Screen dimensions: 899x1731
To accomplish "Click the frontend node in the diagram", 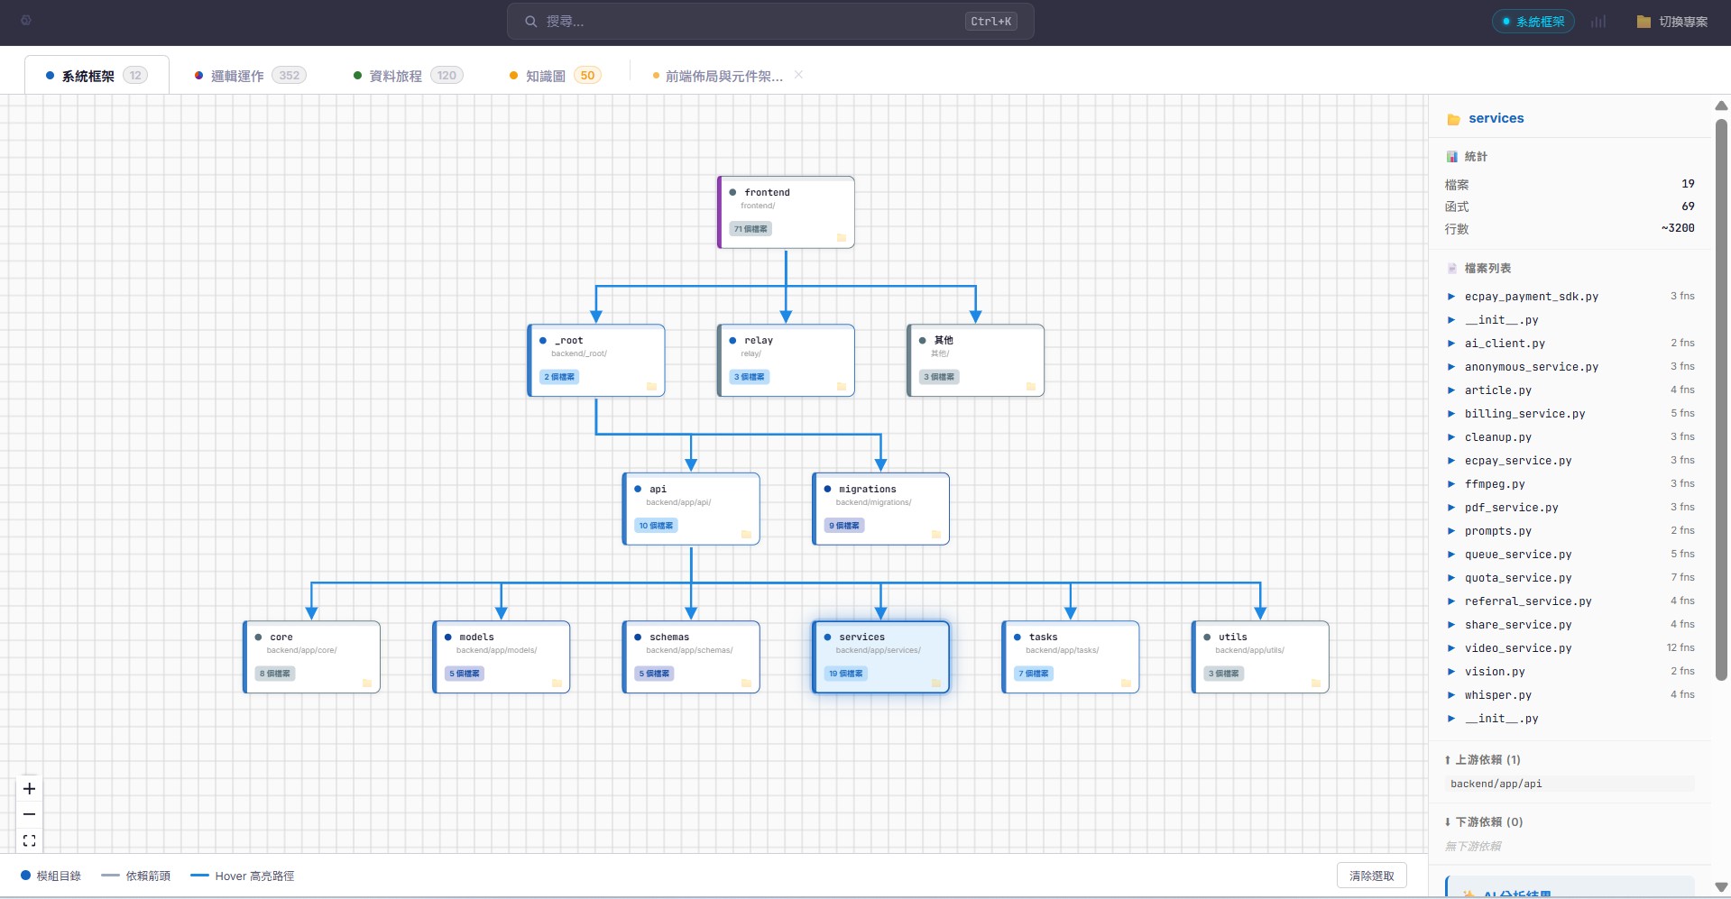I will point(786,212).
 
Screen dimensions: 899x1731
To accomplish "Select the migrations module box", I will point(880,509).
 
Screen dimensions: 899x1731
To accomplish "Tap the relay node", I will point(786,360).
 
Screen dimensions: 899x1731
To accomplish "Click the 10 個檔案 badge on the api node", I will point(656,526).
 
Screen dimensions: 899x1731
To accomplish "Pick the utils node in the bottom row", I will point(1260,656).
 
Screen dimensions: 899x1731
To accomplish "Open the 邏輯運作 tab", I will point(237,76).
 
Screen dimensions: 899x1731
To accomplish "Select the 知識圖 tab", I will point(545,76).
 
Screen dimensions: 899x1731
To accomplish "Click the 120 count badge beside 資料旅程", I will point(447,76).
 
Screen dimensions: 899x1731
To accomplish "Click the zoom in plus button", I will point(30,789).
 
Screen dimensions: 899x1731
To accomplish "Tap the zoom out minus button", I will point(30,814).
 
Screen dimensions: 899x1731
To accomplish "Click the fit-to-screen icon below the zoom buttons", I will point(30,840).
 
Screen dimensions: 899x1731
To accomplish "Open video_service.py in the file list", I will point(1517,648).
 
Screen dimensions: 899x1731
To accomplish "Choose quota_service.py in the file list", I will point(1517,578).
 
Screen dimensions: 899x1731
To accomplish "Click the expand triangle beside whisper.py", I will point(1451,695).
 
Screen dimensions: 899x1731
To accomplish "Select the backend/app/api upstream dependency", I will point(1496,784).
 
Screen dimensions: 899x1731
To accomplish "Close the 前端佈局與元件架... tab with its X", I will point(798,75).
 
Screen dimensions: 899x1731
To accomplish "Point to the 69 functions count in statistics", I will point(1688,206).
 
